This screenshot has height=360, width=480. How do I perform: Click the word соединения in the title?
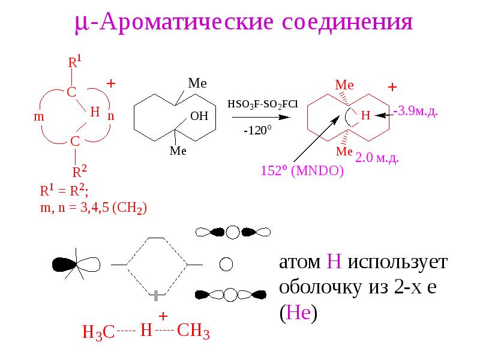point(347,22)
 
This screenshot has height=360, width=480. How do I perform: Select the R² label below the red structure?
point(79,171)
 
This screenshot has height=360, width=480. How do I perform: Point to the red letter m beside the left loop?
point(39,116)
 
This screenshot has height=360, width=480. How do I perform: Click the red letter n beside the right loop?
point(111,116)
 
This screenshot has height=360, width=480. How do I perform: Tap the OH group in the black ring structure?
point(199,116)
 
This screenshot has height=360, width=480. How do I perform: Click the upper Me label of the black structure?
point(197,83)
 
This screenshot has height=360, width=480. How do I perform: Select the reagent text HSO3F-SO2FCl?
point(262,104)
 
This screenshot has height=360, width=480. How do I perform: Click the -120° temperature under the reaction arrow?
point(257,130)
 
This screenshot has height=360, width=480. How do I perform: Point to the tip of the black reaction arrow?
point(290,117)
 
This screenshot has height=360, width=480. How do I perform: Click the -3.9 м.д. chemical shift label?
point(415,111)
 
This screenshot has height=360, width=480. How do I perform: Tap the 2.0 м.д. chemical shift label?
point(377,158)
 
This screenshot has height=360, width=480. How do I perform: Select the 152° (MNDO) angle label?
point(302,170)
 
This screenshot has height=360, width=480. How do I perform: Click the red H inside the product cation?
point(365,115)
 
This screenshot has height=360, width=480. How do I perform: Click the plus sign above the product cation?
point(392,87)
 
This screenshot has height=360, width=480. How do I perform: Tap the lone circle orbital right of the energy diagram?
point(226,264)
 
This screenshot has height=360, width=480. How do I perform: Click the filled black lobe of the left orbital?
point(64,265)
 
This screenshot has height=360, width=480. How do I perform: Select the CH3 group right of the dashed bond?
point(193,331)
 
